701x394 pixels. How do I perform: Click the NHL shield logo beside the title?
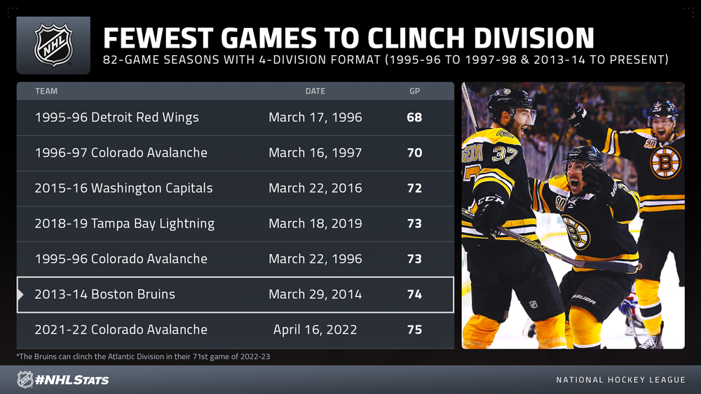click(x=54, y=45)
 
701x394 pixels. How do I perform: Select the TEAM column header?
click(x=46, y=91)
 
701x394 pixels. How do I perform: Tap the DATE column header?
click(x=315, y=91)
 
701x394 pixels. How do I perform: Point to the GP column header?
click(x=414, y=91)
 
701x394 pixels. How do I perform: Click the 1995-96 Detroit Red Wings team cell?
click(x=116, y=118)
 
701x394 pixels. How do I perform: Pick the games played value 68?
click(x=414, y=118)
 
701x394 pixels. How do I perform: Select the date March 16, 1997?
click(x=315, y=153)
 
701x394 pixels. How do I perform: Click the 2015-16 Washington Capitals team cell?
click(x=123, y=188)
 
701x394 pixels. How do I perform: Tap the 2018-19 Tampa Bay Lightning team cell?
click(x=125, y=223)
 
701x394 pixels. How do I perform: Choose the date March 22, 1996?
click(x=315, y=259)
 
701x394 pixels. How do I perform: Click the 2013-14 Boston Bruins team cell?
click(x=105, y=294)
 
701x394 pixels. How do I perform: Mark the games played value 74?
click(x=414, y=294)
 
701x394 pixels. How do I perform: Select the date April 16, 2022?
click(x=315, y=330)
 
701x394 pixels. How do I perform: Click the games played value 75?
click(x=414, y=330)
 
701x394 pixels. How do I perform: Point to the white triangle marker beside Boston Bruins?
click(x=20, y=295)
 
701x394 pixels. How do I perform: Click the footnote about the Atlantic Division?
click(x=143, y=356)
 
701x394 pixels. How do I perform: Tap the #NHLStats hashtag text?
click(x=72, y=380)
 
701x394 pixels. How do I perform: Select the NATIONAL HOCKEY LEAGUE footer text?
click(x=620, y=380)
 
